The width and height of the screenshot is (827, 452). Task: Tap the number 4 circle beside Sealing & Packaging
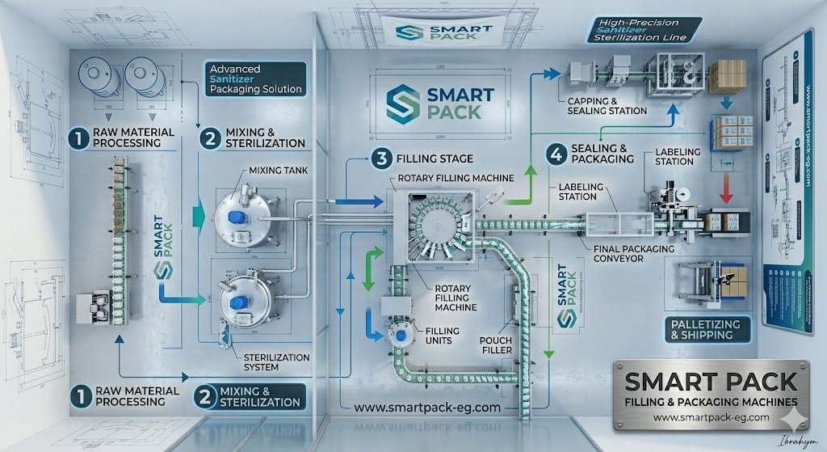pyautogui.click(x=555, y=152)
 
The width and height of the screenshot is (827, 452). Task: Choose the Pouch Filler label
pyautogui.click(x=496, y=345)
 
